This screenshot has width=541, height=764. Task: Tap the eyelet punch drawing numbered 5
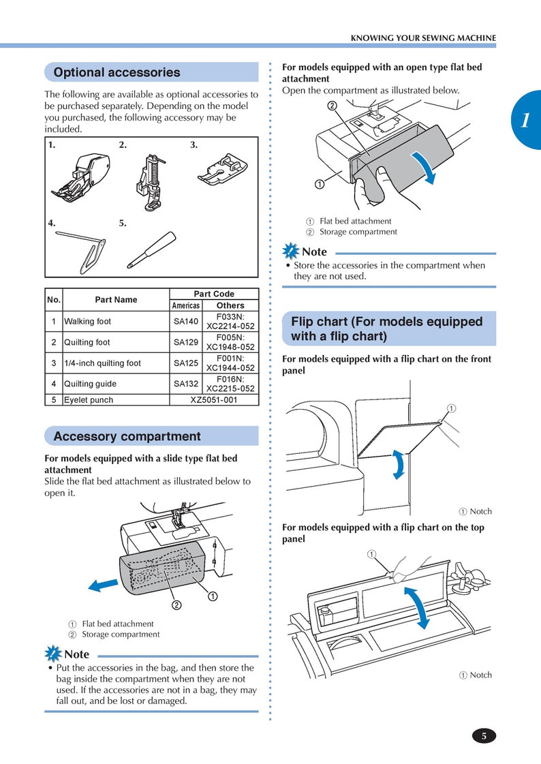(151, 250)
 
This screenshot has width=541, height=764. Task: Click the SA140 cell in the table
(185, 322)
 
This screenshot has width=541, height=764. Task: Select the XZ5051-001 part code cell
(214, 399)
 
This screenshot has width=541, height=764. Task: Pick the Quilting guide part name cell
(116, 384)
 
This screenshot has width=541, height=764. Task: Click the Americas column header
(185, 305)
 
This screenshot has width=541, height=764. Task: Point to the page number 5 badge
(484, 736)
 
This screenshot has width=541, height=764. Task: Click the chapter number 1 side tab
(526, 119)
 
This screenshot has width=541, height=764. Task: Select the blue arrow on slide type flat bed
(104, 585)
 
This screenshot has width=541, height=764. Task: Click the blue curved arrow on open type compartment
(424, 167)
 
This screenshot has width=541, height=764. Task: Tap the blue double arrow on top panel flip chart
(418, 607)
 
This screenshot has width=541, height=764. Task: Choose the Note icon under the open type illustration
(291, 251)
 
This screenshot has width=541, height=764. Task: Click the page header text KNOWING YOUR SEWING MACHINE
(423, 38)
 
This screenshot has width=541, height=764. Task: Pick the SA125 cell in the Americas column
(185, 363)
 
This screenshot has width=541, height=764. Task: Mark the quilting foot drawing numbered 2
(151, 182)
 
